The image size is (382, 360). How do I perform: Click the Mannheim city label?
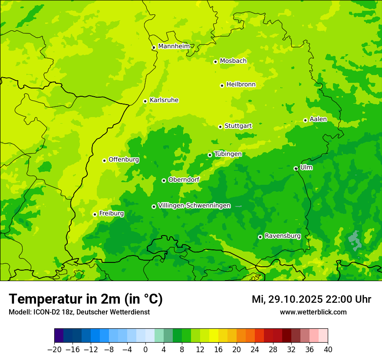point(174,46)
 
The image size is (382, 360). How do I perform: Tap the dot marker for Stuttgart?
point(220,127)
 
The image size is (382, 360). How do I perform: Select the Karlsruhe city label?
point(164,100)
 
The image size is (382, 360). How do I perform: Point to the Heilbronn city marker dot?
point(222,85)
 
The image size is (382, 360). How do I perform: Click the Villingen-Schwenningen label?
point(194,206)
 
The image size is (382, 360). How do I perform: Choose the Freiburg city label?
point(111,213)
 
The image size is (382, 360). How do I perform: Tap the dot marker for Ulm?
point(296,168)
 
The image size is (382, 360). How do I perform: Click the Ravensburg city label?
point(283,236)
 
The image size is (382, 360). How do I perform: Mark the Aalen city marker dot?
point(305,120)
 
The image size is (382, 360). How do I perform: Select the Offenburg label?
point(124,160)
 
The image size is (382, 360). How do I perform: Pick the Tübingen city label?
point(228,154)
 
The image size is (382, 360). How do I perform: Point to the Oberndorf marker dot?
point(164,180)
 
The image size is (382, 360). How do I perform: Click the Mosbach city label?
point(233,61)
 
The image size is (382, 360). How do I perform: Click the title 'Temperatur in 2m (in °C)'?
point(86,299)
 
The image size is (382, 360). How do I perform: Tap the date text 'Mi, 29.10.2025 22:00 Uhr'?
point(311,299)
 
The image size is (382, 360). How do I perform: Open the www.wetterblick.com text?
point(313,312)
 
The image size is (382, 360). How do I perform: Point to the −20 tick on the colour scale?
point(55,349)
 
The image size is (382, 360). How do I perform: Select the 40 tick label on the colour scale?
point(328,349)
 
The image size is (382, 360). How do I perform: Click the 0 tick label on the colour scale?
point(145,349)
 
